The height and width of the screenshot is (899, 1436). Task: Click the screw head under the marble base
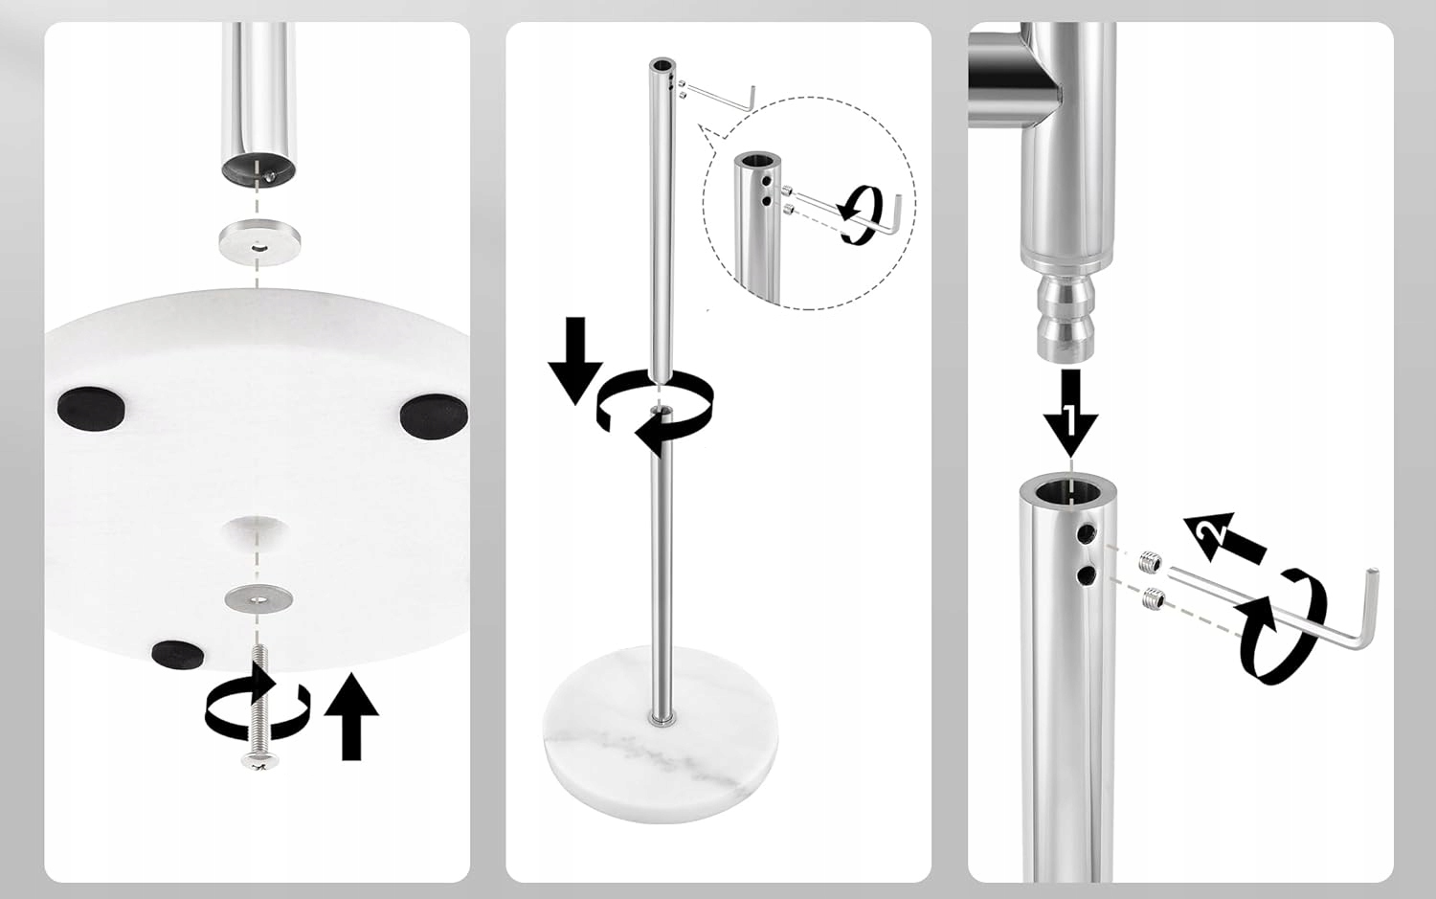coord(259,760)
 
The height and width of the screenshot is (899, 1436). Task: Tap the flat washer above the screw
coord(258,598)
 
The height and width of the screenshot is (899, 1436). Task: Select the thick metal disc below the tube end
coord(259,241)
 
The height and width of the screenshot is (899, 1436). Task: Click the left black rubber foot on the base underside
coord(91,409)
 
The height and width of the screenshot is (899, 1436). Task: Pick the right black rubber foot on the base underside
coord(434,416)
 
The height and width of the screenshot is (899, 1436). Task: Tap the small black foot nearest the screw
coord(178,653)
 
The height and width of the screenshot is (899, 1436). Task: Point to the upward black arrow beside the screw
coord(351,716)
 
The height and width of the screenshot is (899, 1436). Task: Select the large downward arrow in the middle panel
coord(575,360)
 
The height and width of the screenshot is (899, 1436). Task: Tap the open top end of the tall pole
coord(662,65)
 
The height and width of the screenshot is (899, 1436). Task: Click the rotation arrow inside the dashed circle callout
coord(860,214)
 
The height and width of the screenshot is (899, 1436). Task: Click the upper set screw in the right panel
coord(1151,562)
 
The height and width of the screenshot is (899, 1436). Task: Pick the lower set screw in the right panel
coord(1154,598)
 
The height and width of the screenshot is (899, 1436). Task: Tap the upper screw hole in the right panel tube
coord(1088,531)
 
